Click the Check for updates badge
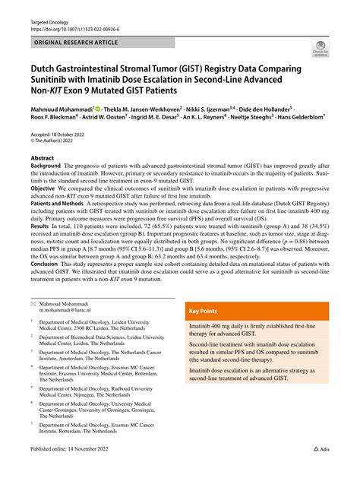tap(320, 51)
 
